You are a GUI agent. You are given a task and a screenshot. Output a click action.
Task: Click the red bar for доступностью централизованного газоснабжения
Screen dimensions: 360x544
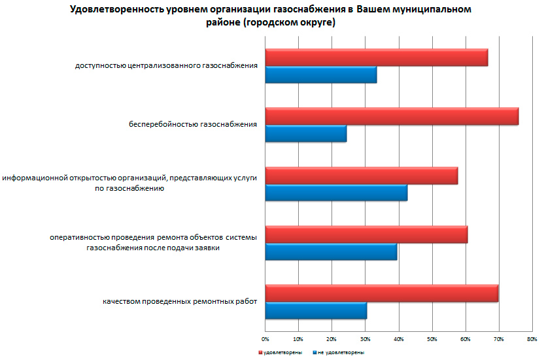click(376, 57)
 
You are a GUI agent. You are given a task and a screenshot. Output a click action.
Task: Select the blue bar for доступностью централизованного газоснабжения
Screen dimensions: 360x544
click(320, 74)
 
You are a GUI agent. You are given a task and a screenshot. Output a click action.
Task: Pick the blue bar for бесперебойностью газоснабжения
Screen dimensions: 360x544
click(305, 133)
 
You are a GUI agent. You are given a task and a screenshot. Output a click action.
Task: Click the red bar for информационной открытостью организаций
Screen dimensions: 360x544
click(361, 176)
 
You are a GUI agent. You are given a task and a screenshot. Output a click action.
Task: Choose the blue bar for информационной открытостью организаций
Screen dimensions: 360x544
click(335, 193)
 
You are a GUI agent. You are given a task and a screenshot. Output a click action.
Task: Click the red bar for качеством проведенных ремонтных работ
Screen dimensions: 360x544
click(381, 293)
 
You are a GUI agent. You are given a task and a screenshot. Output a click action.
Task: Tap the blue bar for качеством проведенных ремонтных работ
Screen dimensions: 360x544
click(315, 310)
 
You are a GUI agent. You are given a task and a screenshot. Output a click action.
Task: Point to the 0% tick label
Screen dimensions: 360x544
click(265, 339)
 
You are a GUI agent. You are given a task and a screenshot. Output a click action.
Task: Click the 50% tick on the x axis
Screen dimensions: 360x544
click(432, 339)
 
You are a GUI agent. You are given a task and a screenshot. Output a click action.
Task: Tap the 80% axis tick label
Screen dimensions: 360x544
click(532, 339)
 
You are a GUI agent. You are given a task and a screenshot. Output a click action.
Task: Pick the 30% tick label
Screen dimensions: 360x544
click(365, 339)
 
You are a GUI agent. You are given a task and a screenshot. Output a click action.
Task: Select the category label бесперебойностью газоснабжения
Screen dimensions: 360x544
click(193, 123)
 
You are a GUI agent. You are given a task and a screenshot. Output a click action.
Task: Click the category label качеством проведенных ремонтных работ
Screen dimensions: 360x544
click(180, 301)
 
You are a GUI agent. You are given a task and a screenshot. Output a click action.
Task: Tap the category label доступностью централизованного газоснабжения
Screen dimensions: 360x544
click(166, 65)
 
